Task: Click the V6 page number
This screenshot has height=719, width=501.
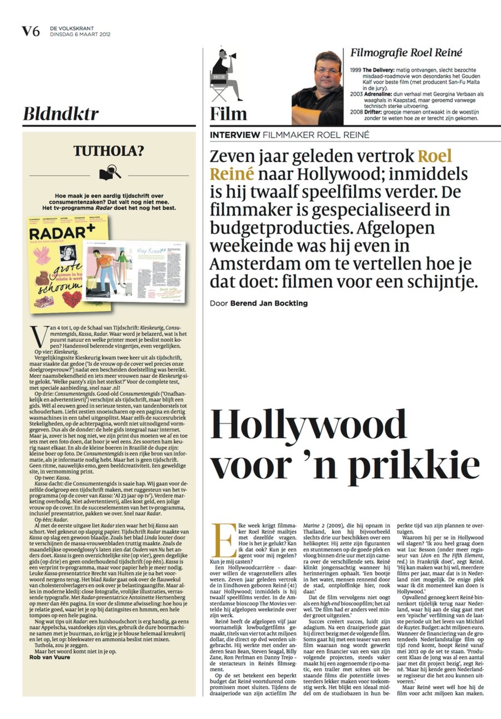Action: pos(30,31)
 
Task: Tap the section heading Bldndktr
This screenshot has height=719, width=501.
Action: pos(61,114)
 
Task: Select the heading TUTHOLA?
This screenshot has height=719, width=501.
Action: pos(109,151)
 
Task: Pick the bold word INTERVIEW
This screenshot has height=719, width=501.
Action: pos(235,135)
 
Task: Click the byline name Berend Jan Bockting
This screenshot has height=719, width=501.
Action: pos(269,303)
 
